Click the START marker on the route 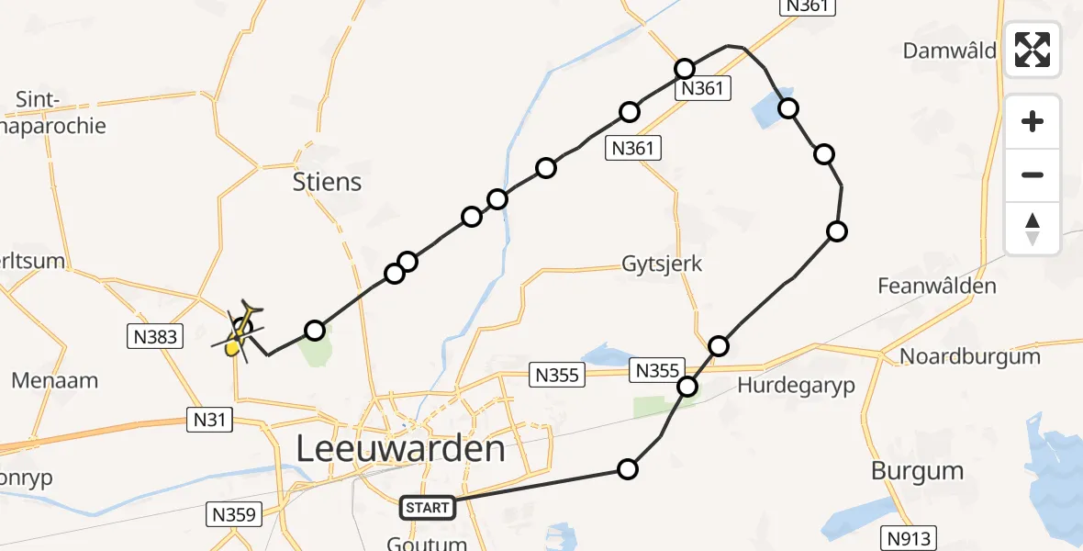click(x=428, y=507)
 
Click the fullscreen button click(x=1033, y=50)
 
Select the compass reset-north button click(x=1033, y=229)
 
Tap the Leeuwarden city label click(x=400, y=450)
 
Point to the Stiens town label click(x=327, y=182)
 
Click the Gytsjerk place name click(x=661, y=264)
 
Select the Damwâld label click(x=949, y=51)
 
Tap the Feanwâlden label click(x=936, y=286)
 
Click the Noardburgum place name click(x=969, y=356)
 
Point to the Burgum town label click(x=917, y=471)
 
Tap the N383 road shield click(x=154, y=337)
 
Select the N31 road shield click(x=210, y=420)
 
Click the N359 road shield click(x=233, y=514)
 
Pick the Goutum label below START click(x=427, y=543)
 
